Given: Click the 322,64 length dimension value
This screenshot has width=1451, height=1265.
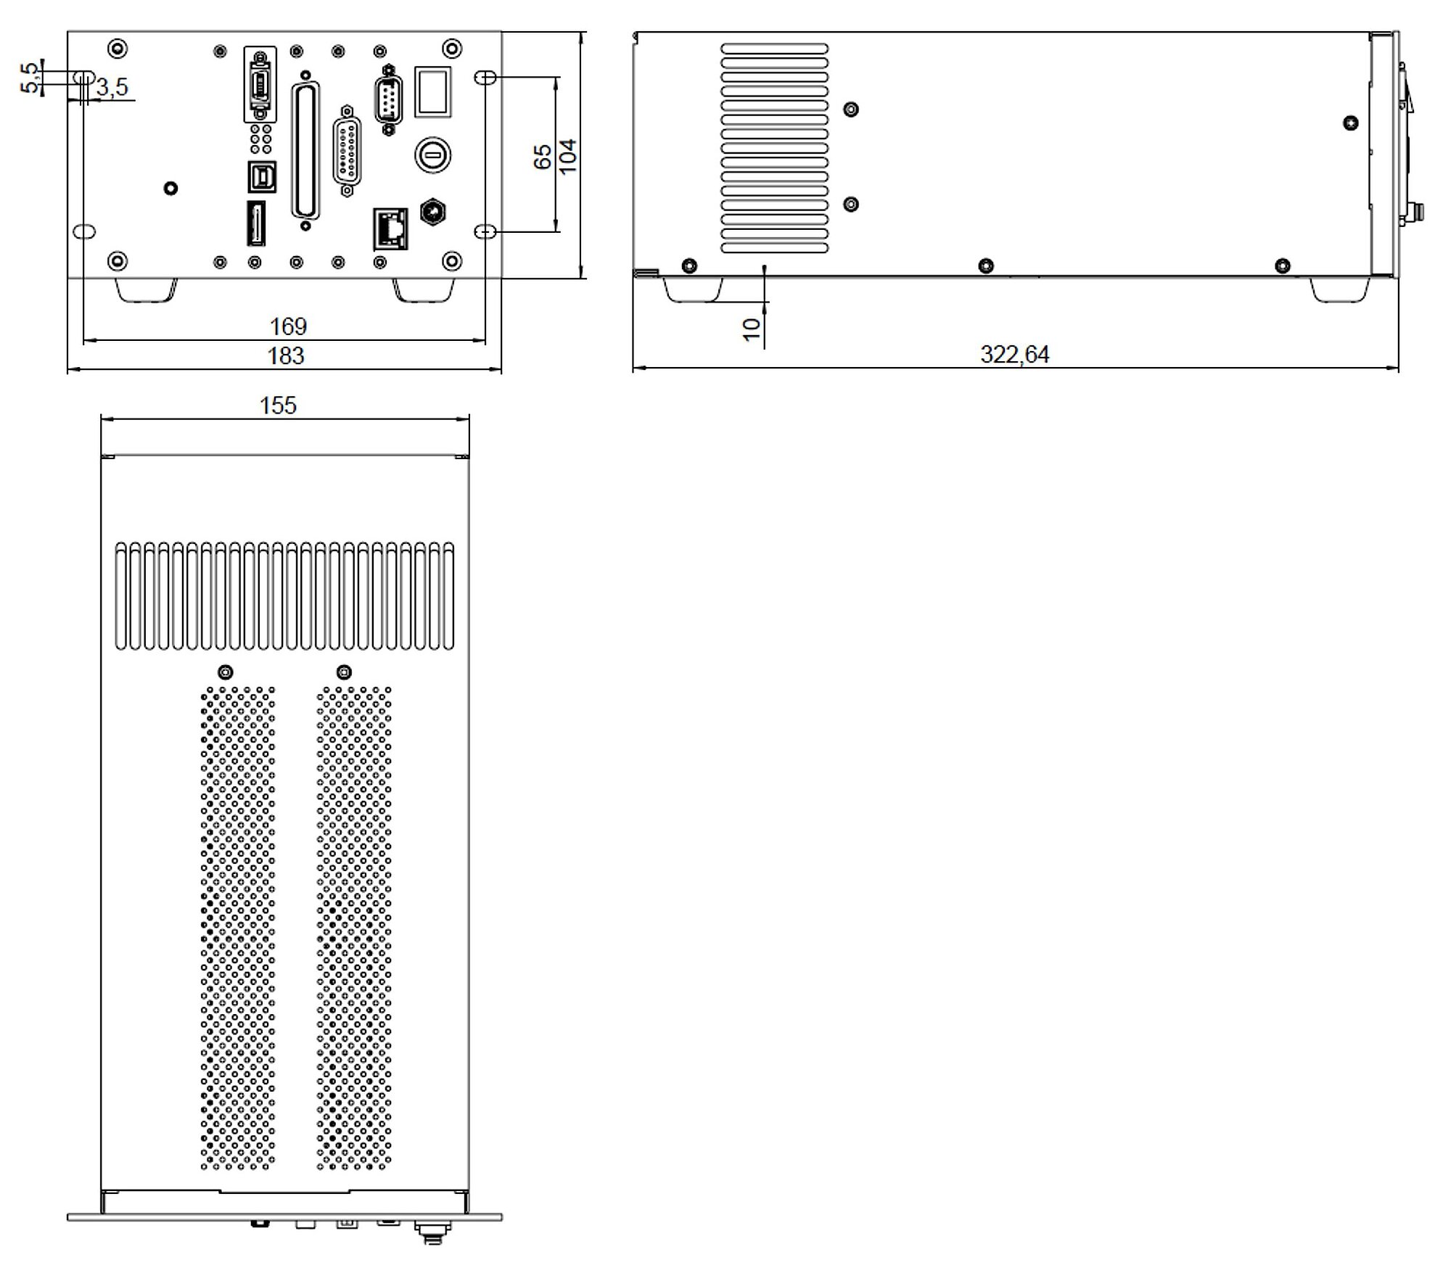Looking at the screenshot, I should (x=1014, y=354).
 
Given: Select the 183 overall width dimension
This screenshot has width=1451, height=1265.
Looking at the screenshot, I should (x=285, y=355).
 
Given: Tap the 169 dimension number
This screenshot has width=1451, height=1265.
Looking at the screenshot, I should (x=288, y=326).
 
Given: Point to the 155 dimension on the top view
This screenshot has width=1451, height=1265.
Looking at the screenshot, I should (x=278, y=405).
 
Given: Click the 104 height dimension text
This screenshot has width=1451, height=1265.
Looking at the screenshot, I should (x=568, y=155).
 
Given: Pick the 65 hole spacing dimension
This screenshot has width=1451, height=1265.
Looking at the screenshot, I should (x=543, y=157).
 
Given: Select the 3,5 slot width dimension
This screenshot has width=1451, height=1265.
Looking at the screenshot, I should (x=112, y=87).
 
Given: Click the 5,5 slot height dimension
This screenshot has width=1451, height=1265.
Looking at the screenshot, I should (x=30, y=78).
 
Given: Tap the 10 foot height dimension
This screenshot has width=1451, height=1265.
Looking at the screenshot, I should (x=752, y=328).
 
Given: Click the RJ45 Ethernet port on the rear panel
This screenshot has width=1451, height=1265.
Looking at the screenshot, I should (x=390, y=228).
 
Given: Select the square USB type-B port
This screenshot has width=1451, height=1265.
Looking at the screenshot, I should (x=261, y=176).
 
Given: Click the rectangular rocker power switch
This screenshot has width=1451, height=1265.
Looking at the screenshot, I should (x=432, y=91).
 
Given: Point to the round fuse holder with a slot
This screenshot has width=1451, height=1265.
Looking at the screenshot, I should (x=432, y=154).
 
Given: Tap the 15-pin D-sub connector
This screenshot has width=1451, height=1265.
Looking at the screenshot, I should (x=348, y=152).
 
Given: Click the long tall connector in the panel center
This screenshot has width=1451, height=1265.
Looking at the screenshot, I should (x=305, y=150).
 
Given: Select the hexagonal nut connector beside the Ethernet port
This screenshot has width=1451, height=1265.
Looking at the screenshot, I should (x=433, y=211).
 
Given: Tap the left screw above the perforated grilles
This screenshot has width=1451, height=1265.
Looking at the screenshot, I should (x=226, y=672).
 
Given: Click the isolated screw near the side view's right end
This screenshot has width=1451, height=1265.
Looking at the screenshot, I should (x=1350, y=123).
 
